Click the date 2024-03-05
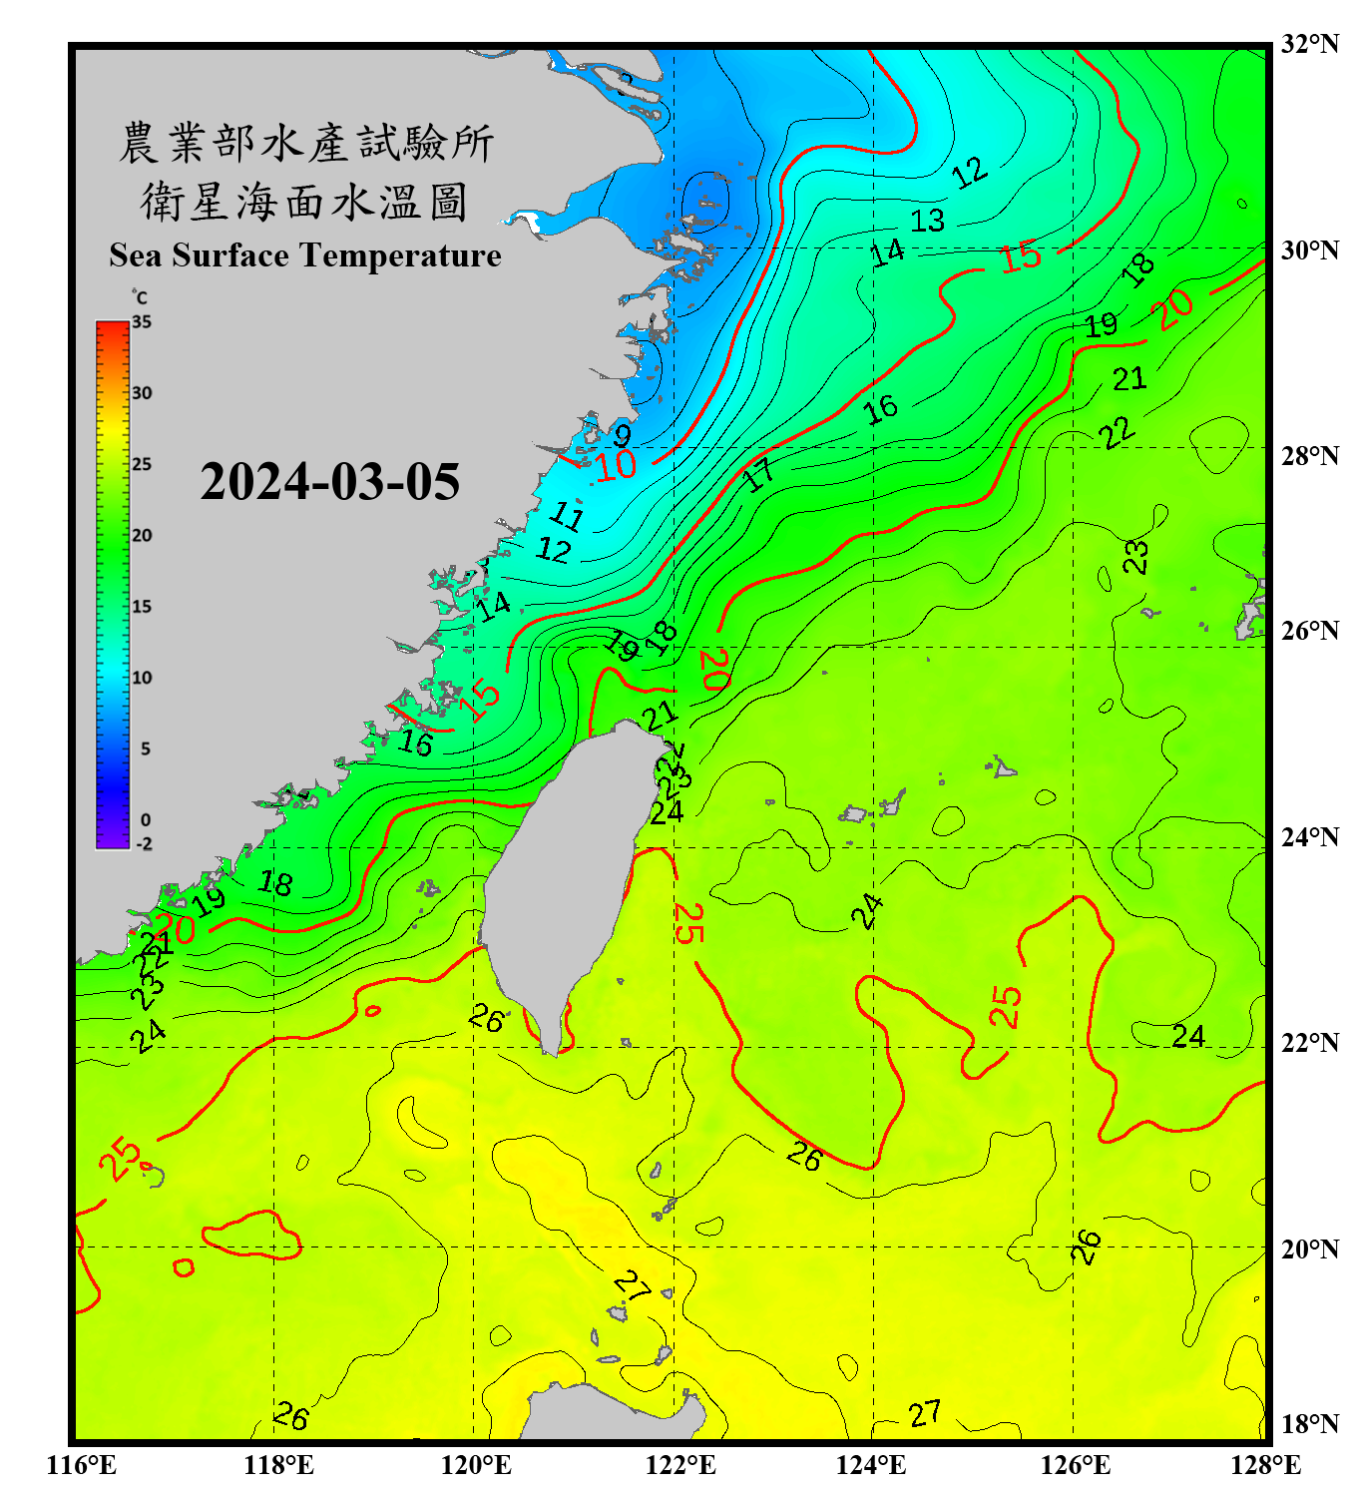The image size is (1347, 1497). point(329,482)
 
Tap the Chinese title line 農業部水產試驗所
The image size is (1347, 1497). point(305,143)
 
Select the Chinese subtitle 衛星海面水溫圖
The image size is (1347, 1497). point(304,202)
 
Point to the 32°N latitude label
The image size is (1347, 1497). point(1309,44)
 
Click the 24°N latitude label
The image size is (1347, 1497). point(1309,836)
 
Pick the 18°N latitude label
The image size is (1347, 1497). point(1309,1423)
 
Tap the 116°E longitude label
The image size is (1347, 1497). point(82,1465)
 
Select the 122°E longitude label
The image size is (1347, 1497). point(680,1465)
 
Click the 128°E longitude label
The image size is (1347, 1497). point(1265,1465)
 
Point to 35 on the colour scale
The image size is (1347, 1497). point(142,322)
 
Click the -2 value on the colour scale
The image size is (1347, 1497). point(144,844)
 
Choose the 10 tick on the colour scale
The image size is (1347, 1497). point(142,678)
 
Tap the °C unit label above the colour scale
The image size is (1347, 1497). point(139,297)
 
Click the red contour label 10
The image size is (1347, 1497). point(616,464)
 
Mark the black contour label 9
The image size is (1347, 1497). point(622,435)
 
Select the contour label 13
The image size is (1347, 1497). point(927,220)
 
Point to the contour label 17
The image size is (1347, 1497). point(759,475)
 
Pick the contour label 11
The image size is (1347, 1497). point(567,515)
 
